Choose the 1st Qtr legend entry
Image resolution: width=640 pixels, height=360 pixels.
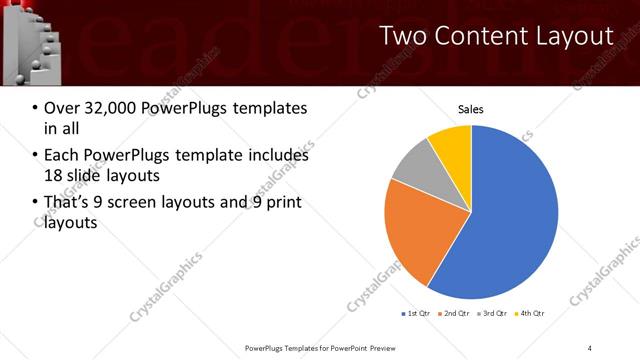pyautogui.click(x=416, y=315)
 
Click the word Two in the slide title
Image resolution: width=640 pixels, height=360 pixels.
pyautogui.click(x=404, y=36)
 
